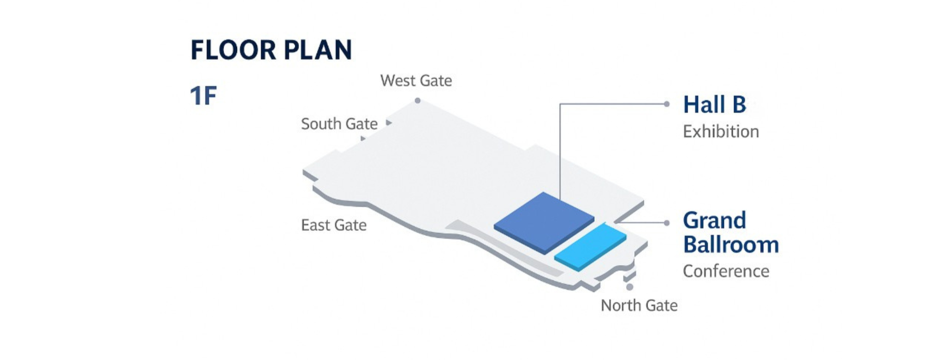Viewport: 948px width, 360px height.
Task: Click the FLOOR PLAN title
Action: pos(271,50)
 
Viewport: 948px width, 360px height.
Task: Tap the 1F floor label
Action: pos(203,96)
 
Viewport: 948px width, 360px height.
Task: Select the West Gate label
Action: pos(416,81)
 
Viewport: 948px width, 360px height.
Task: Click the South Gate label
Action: pos(339,124)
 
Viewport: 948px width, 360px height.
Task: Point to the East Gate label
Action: pos(334,225)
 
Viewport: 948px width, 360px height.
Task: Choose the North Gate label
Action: pos(639,305)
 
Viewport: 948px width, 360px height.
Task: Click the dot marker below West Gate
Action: pos(418,100)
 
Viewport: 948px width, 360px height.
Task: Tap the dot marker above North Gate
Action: pos(630,287)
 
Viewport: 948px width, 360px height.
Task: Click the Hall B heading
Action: pos(714,105)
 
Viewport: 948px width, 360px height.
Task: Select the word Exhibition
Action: pos(721,132)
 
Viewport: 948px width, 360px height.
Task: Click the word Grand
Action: pos(714,220)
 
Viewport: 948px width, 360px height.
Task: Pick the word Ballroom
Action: pos(731,245)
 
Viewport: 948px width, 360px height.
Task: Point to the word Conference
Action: pos(726,271)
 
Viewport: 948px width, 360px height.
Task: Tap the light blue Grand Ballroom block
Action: pos(590,247)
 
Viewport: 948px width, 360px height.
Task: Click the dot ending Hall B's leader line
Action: pos(667,104)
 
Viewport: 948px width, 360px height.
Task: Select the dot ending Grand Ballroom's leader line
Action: pos(667,223)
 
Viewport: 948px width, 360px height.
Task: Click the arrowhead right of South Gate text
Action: pos(389,123)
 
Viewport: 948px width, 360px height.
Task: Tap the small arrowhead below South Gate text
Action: pos(363,138)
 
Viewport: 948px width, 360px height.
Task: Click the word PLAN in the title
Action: pos(318,50)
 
